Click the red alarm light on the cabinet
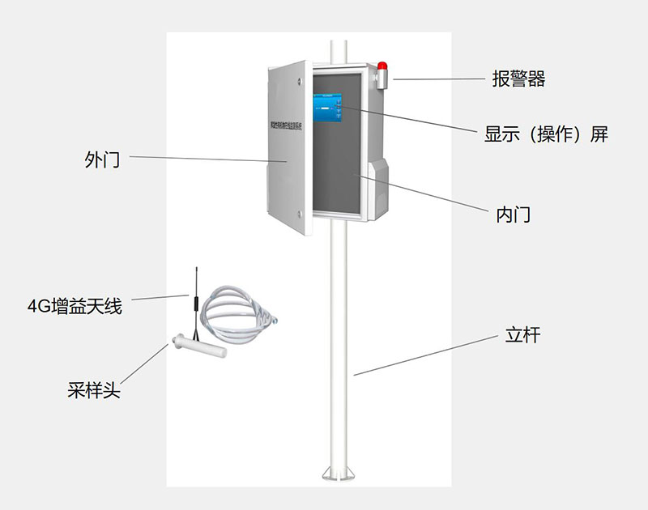(382, 66)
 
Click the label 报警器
(518, 79)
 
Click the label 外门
(102, 159)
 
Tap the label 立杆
(522, 335)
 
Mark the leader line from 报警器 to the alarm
(437, 79)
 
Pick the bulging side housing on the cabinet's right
(379, 186)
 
